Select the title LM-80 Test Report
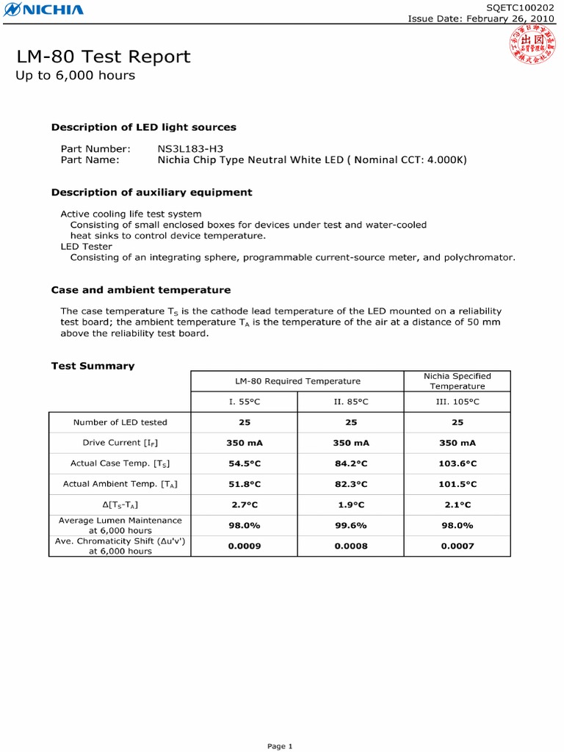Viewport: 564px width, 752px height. pos(104,57)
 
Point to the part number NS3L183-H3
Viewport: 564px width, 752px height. pos(190,148)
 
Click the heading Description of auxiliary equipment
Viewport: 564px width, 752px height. pos(151,192)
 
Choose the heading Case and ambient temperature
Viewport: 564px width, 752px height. pos(140,290)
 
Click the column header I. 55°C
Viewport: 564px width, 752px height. pos(244,402)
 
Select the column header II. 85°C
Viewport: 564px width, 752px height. pos(350,402)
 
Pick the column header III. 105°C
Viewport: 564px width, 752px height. pos(457,402)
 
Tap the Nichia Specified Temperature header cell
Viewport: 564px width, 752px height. pos(457,381)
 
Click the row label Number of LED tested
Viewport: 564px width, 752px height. pos(120,422)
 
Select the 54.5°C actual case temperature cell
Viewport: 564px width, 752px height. pos(244,463)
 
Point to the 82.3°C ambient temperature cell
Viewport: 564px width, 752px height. pos(350,484)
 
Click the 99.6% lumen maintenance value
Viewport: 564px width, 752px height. pos(350,525)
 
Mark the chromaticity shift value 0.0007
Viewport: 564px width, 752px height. pos(457,546)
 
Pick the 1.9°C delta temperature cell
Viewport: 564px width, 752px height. pos(350,505)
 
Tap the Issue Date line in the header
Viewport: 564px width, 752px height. pos(481,19)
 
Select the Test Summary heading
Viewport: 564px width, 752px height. pos(93,366)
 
